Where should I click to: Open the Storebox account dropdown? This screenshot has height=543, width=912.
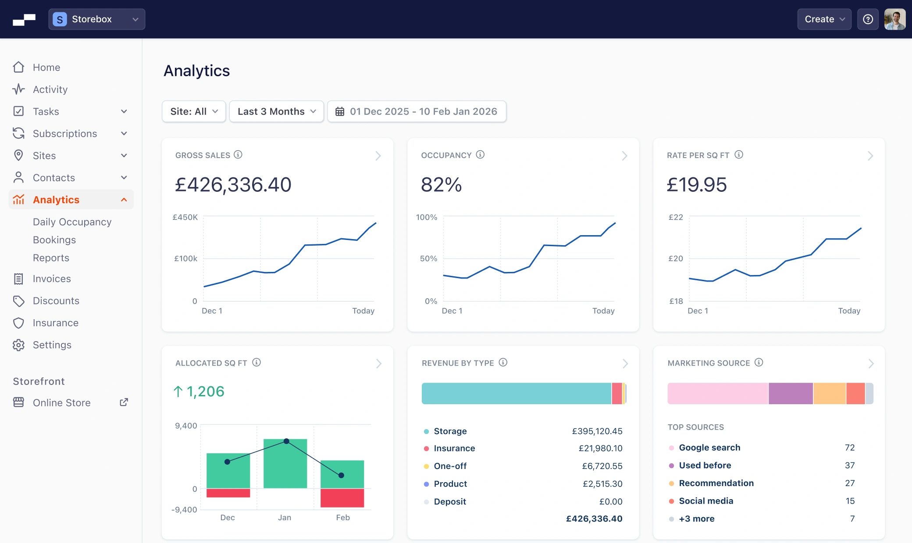[96, 19]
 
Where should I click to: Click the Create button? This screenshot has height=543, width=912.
[824, 19]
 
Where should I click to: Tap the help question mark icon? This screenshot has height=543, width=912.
[868, 19]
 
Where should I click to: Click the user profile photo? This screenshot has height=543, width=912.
[894, 19]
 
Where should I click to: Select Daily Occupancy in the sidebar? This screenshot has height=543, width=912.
[72, 222]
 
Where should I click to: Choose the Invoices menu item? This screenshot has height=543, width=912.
[52, 279]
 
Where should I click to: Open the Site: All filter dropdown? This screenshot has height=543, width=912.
[194, 112]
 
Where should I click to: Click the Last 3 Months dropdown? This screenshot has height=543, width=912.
[276, 112]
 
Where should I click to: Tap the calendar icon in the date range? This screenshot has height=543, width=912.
[340, 112]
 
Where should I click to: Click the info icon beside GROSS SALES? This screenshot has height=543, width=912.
[238, 155]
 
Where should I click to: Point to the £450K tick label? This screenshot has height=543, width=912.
[185, 217]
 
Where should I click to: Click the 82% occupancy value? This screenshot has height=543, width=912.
[441, 185]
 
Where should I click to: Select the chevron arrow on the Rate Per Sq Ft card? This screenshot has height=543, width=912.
[870, 156]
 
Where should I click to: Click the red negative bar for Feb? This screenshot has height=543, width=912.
[342, 498]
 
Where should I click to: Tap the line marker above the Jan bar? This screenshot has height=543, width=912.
[286, 441]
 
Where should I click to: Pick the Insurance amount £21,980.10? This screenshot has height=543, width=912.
[600, 448]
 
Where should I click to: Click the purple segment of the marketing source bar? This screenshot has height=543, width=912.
[791, 393]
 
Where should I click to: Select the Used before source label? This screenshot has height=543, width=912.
[705, 465]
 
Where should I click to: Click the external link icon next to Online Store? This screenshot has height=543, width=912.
[124, 402]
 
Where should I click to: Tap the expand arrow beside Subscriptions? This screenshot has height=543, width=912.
[124, 134]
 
